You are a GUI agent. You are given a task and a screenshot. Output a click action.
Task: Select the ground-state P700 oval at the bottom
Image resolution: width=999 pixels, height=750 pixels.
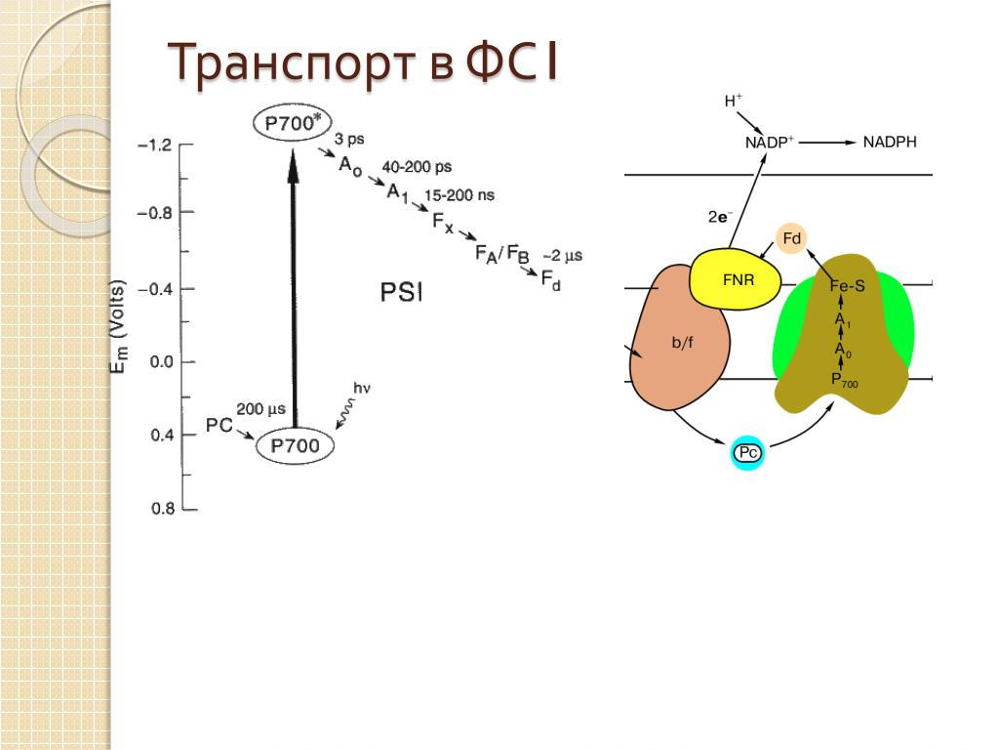[x=295, y=446]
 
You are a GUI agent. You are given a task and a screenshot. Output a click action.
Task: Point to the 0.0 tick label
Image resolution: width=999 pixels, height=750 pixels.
[x=161, y=362]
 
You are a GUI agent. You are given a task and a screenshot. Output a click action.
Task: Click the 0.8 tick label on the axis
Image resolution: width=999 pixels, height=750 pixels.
[x=161, y=508]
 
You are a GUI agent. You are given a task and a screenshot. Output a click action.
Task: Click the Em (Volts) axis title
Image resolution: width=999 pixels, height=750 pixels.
[x=118, y=328]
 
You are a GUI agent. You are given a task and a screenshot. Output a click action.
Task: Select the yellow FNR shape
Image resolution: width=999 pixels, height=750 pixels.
[x=738, y=279]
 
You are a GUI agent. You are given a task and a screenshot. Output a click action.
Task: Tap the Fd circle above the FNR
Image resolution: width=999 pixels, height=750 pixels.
[x=792, y=237]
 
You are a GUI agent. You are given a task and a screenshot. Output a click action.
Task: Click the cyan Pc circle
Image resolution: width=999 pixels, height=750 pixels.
[x=747, y=452]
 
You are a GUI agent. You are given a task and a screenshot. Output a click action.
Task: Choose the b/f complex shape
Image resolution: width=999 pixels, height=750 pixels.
[x=681, y=342]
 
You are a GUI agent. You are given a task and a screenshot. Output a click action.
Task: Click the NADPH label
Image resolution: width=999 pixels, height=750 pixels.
[x=890, y=142]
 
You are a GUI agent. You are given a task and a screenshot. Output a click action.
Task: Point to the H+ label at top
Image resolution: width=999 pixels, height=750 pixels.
[x=733, y=100]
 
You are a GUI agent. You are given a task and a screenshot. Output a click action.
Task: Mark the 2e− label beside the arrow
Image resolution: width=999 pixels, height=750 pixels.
[x=720, y=218]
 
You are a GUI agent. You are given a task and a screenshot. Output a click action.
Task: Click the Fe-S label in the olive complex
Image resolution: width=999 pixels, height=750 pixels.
[x=847, y=287]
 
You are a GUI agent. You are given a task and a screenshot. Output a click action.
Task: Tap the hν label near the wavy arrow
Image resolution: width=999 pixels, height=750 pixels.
[x=362, y=391]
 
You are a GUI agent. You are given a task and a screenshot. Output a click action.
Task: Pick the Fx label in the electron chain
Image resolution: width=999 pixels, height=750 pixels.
[x=443, y=220]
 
